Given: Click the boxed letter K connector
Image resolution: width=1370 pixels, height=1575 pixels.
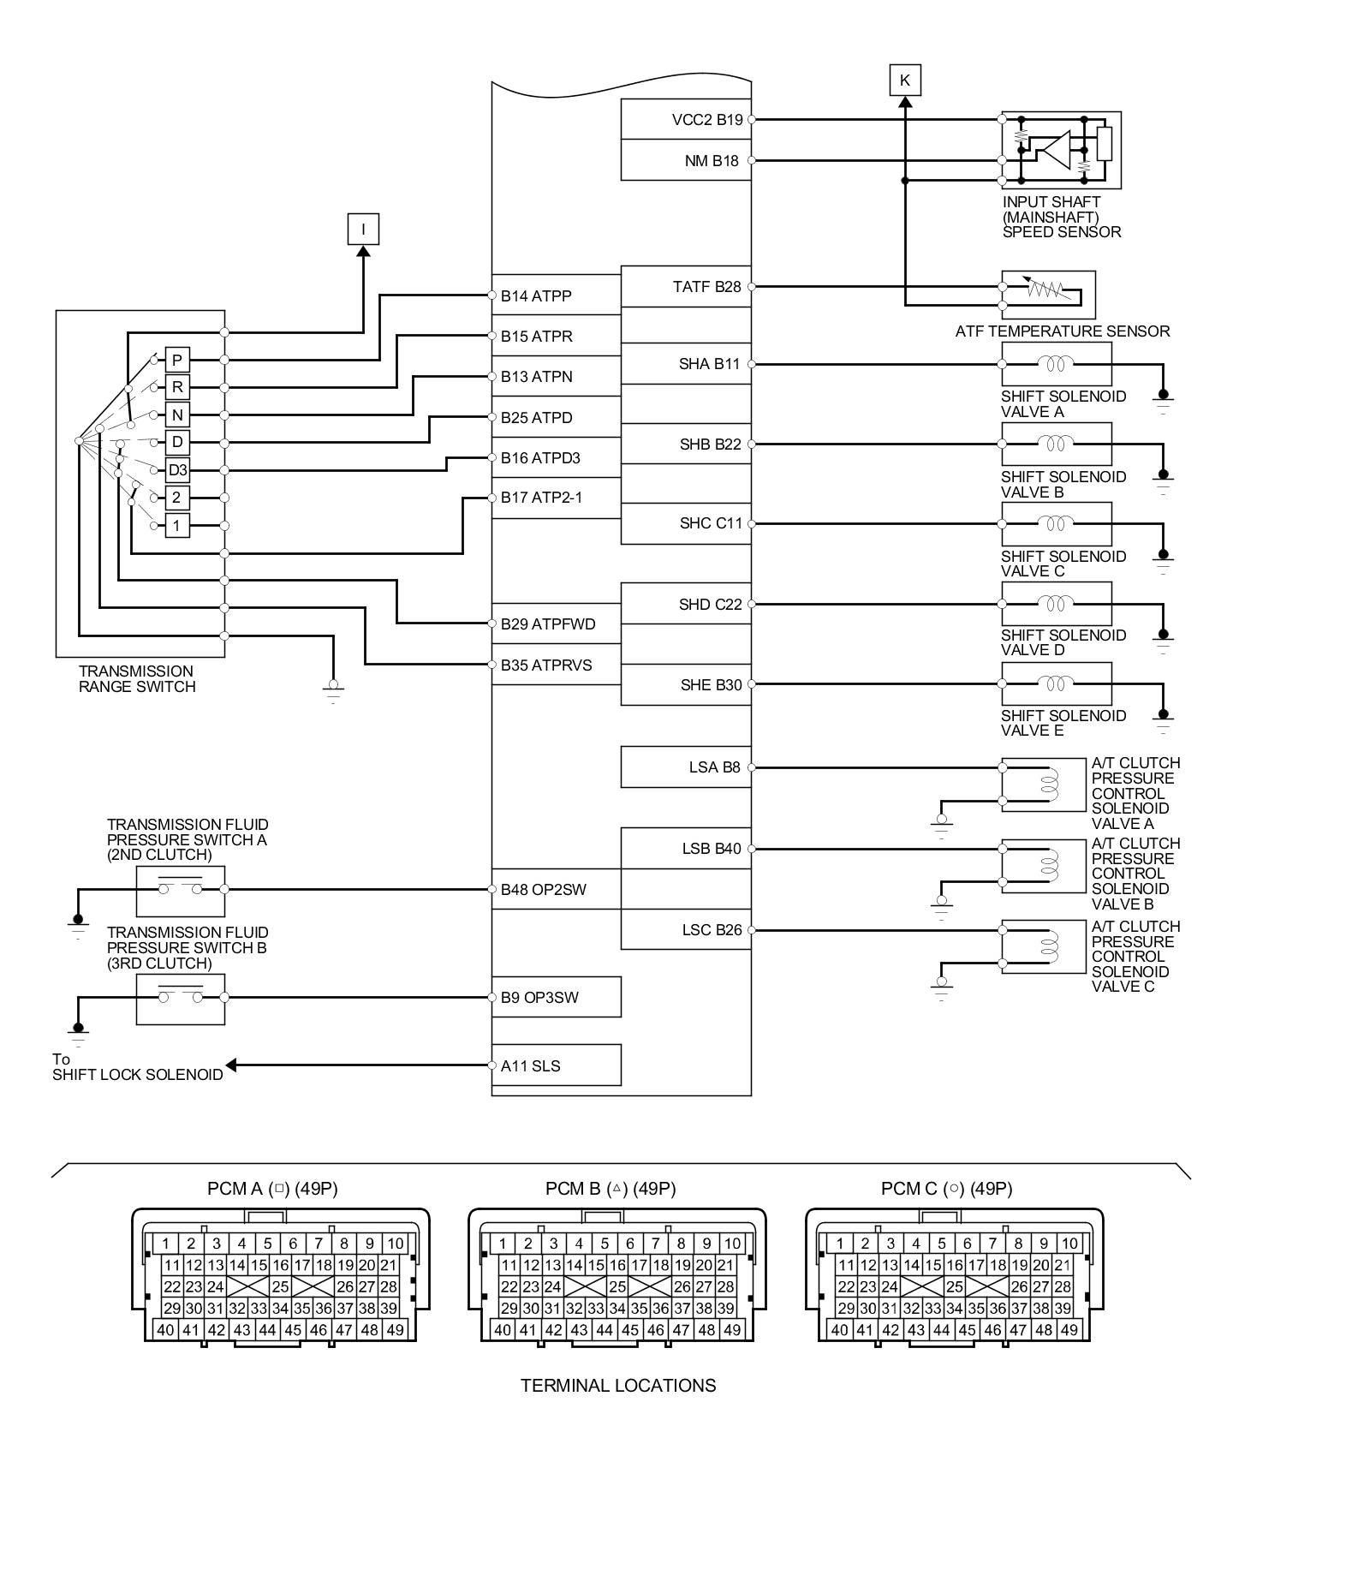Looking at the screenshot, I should coord(904,81).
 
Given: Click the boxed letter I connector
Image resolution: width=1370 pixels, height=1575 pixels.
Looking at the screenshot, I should coord(363,229).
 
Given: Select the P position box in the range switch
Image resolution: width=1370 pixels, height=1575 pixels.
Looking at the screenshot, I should coord(177,360).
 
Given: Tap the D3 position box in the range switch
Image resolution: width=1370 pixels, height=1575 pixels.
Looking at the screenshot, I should coord(177,470).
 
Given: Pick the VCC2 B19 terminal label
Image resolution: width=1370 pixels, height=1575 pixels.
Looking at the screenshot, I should coord(706,120).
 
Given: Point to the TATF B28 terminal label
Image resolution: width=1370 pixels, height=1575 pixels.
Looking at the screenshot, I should coord(706,287).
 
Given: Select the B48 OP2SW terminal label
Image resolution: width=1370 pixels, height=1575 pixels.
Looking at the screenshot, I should coord(543,890).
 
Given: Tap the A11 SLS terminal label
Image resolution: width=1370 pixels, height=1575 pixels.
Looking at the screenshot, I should coord(530,1066).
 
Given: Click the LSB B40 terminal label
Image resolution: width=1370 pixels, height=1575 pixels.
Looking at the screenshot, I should coord(711,849).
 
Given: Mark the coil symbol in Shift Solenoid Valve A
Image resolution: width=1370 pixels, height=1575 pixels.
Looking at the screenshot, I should coord(1056,364).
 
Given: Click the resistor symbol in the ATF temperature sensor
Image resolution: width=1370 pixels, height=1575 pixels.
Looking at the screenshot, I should coord(1045,289).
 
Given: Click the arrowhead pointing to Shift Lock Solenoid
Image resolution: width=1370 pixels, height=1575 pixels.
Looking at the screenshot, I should coord(231,1065).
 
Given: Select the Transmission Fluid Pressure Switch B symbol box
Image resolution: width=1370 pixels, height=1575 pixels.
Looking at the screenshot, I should coord(181,998).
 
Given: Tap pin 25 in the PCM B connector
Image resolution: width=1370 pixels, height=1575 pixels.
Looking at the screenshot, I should coord(617,1286).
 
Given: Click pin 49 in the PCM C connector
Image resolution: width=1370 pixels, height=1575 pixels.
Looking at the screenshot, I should coord(1069,1330).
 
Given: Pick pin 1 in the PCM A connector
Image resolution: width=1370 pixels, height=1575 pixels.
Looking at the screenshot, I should coord(166,1244).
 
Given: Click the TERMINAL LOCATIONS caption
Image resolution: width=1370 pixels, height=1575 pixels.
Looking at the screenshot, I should coord(618,1386).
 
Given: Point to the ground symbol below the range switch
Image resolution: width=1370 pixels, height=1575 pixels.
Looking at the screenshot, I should coord(334,688).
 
